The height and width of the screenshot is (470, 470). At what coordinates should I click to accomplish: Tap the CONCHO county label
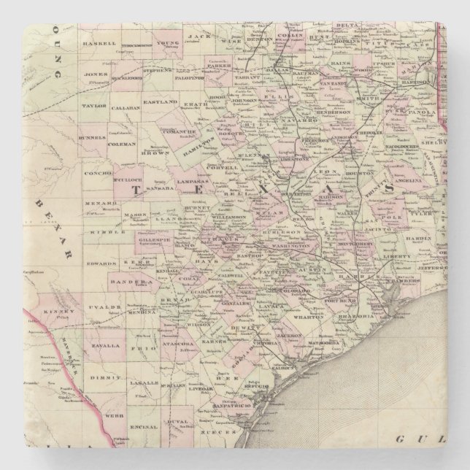(x=99, y=175)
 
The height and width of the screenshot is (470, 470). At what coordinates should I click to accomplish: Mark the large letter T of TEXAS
(x=136, y=188)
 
